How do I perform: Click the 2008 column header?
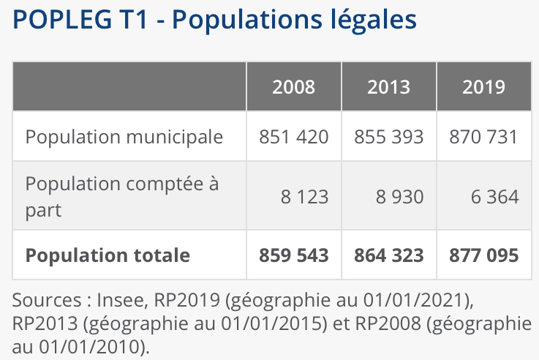click(x=293, y=87)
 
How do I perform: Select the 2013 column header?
click(x=388, y=87)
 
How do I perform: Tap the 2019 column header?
click(x=483, y=87)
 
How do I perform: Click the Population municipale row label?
click(x=124, y=137)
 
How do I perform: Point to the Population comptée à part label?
click(x=121, y=196)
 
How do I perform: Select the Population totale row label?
click(x=108, y=255)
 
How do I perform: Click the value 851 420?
click(x=294, y=137)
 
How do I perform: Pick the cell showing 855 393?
click(x=388, y=137)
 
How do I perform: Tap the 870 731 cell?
click(x=483, y=137)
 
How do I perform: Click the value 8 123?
click(x=304, y=197)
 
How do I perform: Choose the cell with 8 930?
click(x=399, y=197)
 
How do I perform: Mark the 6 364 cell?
click(x=494, y=197)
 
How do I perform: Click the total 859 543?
click(x=294, y=255)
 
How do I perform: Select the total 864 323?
click(x=388, y=255)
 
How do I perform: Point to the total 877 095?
click(x=483, y=255)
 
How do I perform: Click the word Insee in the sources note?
click(x=120, y=301)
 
